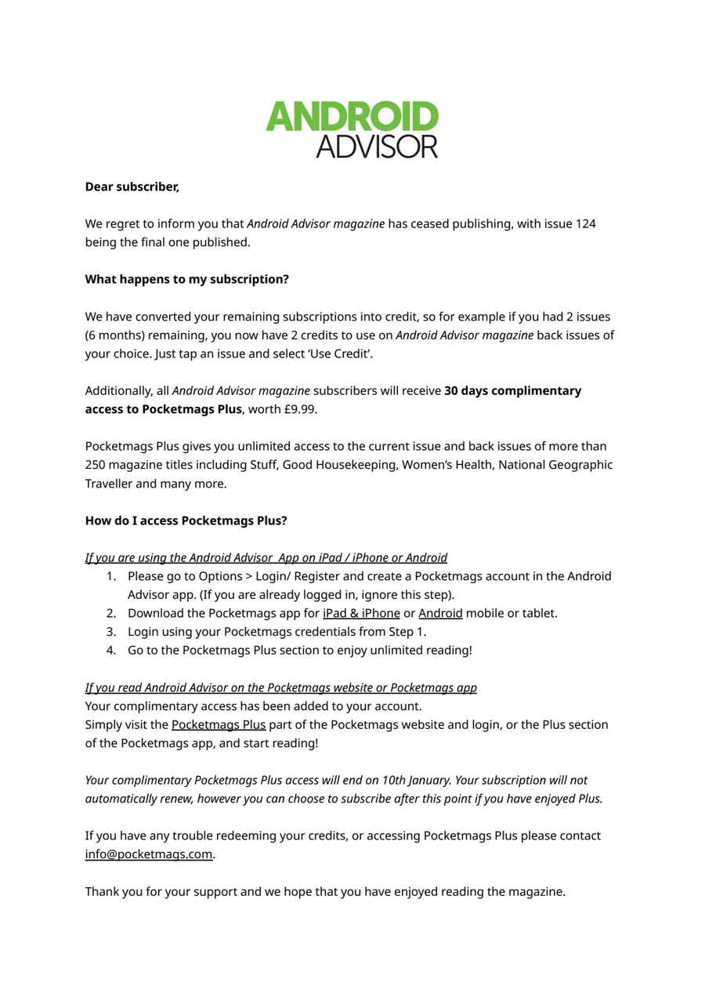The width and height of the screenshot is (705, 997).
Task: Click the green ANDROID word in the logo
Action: [352, 117]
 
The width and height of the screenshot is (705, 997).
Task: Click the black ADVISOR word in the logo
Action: [377, 147]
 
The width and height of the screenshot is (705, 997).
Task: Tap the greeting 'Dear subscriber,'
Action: [132, 187]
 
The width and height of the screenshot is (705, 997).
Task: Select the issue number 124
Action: [585, 224]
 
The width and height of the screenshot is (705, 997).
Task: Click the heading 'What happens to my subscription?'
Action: [186, 279]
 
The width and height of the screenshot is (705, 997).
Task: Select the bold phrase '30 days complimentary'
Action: [512, 390]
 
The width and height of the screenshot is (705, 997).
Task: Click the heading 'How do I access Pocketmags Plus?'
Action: [186, 520]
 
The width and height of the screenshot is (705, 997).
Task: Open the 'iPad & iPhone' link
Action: [361, 613]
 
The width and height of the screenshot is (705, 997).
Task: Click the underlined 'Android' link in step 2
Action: [440, 613]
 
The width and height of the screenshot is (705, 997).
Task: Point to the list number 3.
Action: [110, 632]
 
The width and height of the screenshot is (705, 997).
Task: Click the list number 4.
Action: [110, 651]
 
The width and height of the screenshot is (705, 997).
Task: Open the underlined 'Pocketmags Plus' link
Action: [219, 725]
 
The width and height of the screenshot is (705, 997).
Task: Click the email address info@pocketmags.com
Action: [149, 854]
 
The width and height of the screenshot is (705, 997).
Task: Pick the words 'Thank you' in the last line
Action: [112, 892]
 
